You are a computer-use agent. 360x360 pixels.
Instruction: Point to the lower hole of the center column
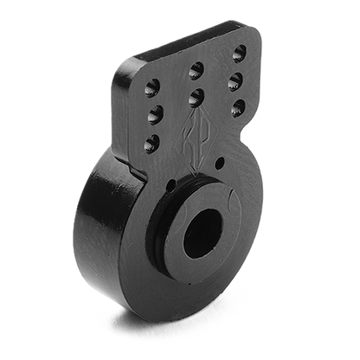[196, 96]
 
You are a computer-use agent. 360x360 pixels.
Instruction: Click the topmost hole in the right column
[239, 54]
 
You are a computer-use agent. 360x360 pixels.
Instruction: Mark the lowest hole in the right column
[236, 108]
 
